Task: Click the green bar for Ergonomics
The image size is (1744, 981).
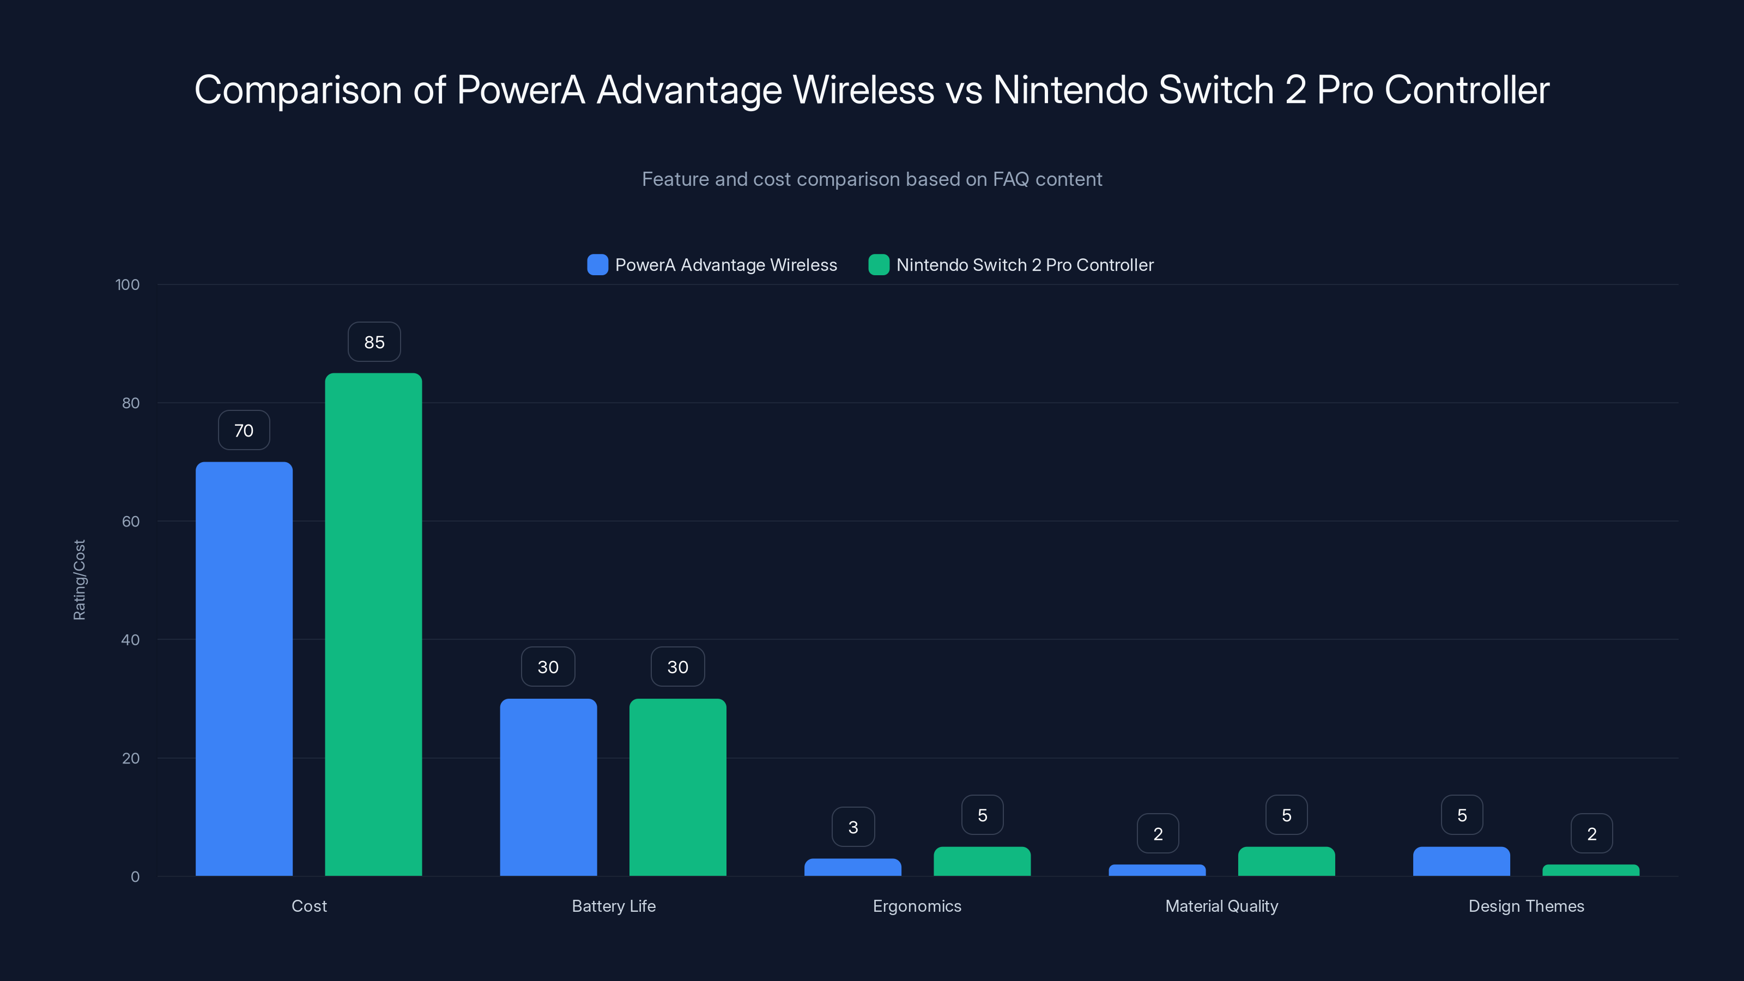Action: tap(982, 861)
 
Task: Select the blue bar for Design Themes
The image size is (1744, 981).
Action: tap(1461, 861)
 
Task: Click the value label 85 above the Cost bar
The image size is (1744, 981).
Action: tap(374, 342)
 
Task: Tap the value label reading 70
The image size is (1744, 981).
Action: tap(244, 431)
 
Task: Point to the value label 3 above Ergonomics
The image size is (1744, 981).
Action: tap(853, 827)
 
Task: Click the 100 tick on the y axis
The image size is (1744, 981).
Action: tap(128, 284)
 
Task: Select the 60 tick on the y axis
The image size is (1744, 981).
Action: tap(131, 522)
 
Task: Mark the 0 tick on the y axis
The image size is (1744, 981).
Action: tap(135, 877)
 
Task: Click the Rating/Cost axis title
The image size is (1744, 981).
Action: tap(79, 579)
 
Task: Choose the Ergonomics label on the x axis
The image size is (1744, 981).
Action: tap(917, 906)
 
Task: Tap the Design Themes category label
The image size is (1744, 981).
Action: tap(1526, 906)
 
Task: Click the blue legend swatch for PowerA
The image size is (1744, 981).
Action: tap(597, 265)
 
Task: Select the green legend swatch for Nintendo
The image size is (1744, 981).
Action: tap(878, 265)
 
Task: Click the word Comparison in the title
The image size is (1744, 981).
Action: tap(298, 90)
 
